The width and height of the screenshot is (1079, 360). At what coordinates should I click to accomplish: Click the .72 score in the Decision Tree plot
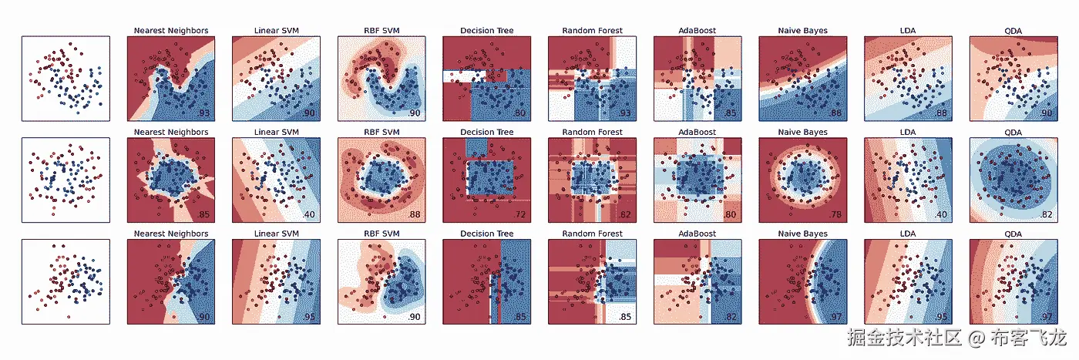pyautogui.click(x=520, y=214)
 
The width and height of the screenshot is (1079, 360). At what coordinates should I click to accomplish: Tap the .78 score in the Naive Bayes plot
pyautogui.click(x=836, y=214)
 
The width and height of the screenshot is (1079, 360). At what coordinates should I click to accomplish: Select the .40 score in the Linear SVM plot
pyautogui.click(x=310, y=214)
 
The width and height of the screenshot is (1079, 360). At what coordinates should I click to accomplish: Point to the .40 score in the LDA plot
pyautogui.click(x=942, y=214)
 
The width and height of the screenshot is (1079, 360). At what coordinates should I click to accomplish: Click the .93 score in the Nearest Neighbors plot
pyautogui.click(x=204, y=113)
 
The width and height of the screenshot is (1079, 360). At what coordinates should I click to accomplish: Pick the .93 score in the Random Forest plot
pyautogui.click(x=626, y=113)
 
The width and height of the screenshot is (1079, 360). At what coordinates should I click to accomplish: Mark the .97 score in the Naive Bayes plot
pyautogui.click(x=836, y=316)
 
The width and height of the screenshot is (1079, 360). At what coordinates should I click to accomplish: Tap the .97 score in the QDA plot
pyautogui.click(x=1047, y=316)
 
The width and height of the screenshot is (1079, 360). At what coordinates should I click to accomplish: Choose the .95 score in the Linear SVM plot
pyautogui.click(x=310, y=316)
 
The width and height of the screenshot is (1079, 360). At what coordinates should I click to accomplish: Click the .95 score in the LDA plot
pyautogui.click(x=942, y=316)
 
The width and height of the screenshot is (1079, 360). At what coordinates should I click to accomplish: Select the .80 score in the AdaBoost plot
pyautogui.click(x=731, y=214)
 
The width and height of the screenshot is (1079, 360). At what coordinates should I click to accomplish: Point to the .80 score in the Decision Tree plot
pyautogui.click(x=520, y=113)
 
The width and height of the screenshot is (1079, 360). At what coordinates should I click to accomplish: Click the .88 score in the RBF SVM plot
pyautogui.click(x=415, y=214)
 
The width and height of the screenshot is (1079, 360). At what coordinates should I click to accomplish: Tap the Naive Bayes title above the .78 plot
pyautogui.click(x=802, y=132)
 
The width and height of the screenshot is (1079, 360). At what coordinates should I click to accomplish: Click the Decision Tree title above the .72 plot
pyautogui.click(x=486, y=132)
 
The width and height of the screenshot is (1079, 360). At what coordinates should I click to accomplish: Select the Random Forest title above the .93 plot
pyautogui.click(x=592, y=31)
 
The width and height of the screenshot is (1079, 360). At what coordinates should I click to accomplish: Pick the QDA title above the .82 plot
pyautogui.click(x=1013, y=132)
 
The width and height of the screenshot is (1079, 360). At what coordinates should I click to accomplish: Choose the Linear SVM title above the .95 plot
pyautogui.click(x=276, y=234)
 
